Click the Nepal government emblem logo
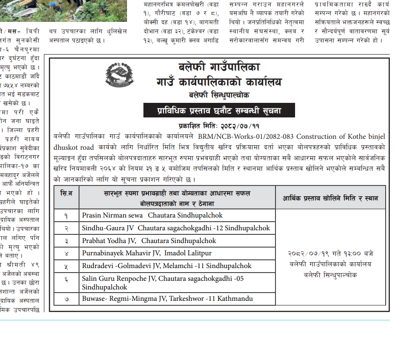click(x=119, y=75)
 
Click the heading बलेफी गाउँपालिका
click(x=218, y=67)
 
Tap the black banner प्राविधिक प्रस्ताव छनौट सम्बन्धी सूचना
click(x=219, y=110)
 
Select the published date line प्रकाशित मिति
click(x=219, y=126)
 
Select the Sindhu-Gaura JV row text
click(x=176, y=228)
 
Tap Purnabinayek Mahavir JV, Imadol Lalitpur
click(x=147, y=253)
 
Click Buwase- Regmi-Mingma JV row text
click(x=167, y=299)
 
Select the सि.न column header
click(x=66, y=193)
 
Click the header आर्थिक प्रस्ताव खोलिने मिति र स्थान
click(x=332, y=198)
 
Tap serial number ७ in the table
click(x=66, y=299)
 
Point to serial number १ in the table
click(x=66, y=216)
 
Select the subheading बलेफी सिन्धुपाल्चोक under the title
click(x=219, y=95)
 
